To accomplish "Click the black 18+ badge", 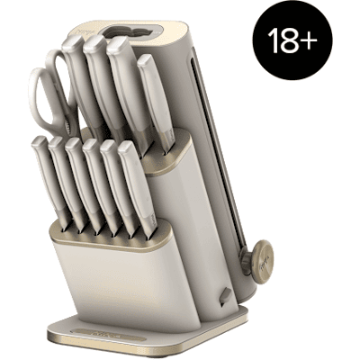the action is [x=292, y=40].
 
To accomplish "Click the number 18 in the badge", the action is [x=283, y=40].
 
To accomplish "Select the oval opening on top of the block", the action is [x=130, y=31].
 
